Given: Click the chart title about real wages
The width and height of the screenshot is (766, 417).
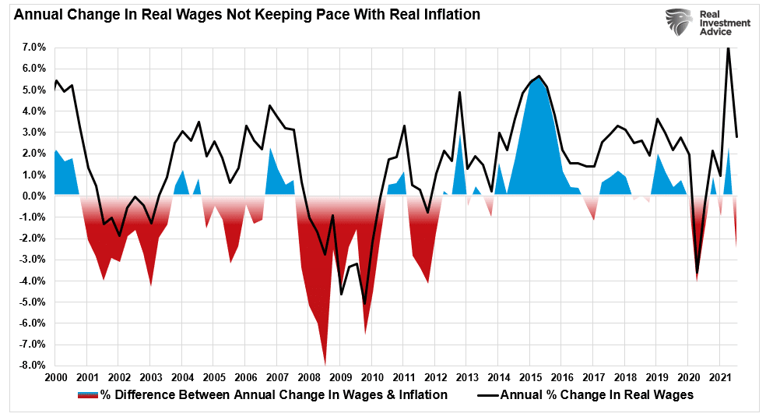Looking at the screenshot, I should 241,14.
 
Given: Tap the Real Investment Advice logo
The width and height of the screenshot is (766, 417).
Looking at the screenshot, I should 707,23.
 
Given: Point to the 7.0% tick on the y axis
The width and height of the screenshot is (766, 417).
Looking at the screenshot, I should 32,48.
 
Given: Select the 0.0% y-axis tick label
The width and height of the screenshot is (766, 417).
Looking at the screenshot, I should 32,196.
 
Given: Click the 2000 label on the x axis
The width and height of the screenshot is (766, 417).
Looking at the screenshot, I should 55,377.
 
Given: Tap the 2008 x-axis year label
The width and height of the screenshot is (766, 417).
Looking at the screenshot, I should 309,377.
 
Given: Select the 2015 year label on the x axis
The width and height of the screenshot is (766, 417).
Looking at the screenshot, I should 531,377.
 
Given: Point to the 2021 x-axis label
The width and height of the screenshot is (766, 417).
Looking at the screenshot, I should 721,377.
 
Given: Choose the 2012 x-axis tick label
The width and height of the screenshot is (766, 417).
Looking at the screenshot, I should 436,377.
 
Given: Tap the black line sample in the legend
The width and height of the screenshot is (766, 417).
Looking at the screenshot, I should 486,395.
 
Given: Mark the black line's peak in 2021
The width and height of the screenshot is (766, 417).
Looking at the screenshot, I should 728,48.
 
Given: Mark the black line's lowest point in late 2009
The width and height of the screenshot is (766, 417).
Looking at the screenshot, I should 364,304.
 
